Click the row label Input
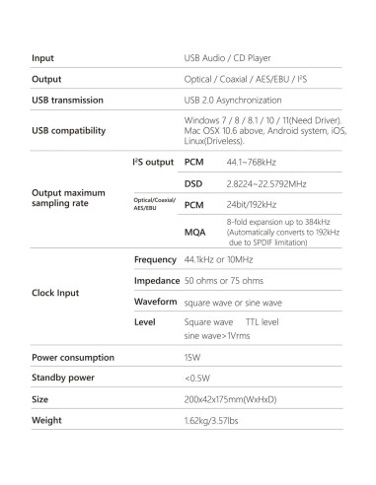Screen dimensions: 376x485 pos(43,58)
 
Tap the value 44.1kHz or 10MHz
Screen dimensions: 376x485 pos(223,259)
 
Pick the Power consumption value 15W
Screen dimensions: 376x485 pos(192,357)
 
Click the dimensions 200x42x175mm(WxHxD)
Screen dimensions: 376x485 pos(236,399)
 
